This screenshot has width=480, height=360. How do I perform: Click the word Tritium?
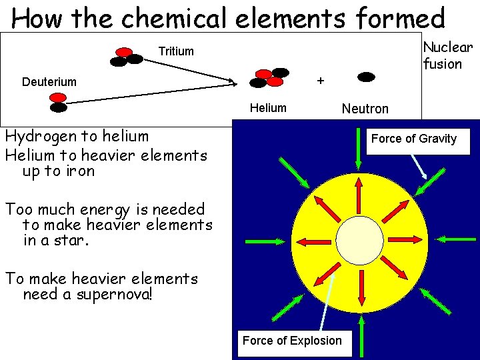176,51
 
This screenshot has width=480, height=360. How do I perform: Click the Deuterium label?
49,82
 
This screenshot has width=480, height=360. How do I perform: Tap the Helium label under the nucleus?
268,108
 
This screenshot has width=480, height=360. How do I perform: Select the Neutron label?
365,109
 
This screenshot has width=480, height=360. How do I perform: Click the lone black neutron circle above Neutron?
366,77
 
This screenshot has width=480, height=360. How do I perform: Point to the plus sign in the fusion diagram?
321,81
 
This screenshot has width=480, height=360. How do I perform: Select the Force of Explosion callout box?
292,341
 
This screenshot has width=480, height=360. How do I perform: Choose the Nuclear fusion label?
447,55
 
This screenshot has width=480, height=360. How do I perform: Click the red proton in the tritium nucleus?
124,51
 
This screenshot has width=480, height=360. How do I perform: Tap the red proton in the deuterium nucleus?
58,97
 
